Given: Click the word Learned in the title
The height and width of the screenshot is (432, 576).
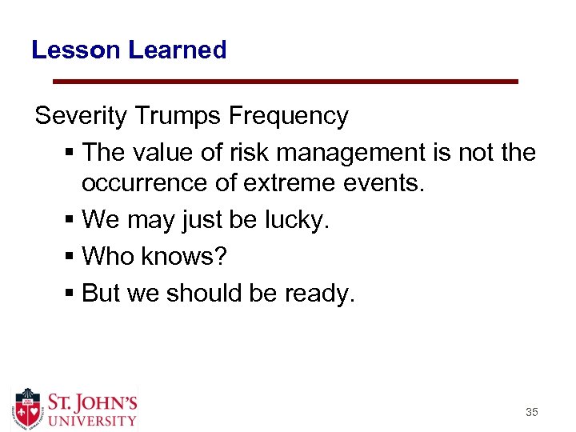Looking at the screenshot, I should pos(177,50).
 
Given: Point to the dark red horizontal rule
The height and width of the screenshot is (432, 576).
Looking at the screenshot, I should pos(285,82).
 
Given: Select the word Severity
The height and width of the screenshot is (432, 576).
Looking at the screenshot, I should pos(81,117).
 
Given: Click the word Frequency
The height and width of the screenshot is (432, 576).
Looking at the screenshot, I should pos(288,117).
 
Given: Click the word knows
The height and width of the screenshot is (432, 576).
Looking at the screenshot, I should pos(187,258).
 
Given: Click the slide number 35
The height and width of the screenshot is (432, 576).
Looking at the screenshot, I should pos(531,413).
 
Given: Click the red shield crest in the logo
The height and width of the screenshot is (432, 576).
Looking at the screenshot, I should pos(28,408).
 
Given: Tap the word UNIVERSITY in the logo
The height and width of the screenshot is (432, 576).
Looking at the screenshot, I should pos(90,419).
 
